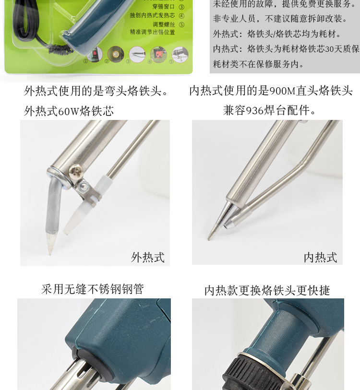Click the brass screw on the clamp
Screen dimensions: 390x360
76,170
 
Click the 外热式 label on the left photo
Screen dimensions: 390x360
147,258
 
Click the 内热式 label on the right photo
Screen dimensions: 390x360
320,258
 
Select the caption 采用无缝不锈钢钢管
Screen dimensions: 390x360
92,289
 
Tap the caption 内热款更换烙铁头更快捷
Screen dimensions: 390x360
267,290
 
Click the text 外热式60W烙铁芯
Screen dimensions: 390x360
69,111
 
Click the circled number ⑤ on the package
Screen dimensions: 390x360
181,24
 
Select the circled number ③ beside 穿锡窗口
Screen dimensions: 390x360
181,7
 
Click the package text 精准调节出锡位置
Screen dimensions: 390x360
152,32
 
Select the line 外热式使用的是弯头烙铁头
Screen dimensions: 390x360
96,91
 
